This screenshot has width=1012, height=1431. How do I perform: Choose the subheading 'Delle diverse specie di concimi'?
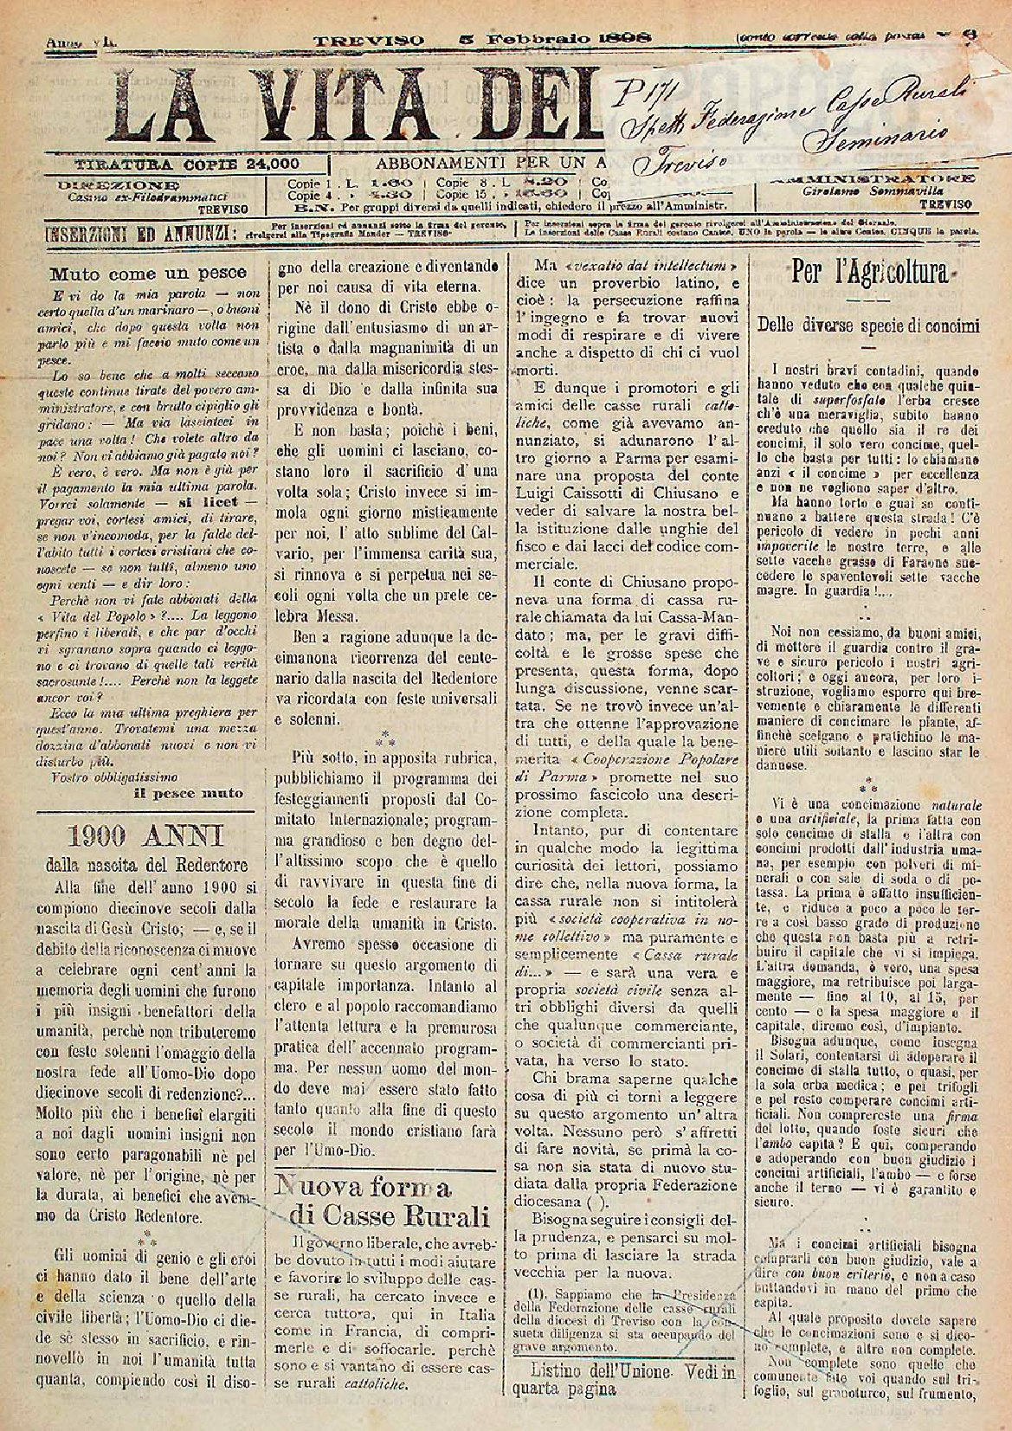(x=868, y=326)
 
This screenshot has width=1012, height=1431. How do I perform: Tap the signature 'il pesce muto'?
(x=187, y=791)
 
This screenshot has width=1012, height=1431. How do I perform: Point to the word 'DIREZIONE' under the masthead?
(x=119, y=184)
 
